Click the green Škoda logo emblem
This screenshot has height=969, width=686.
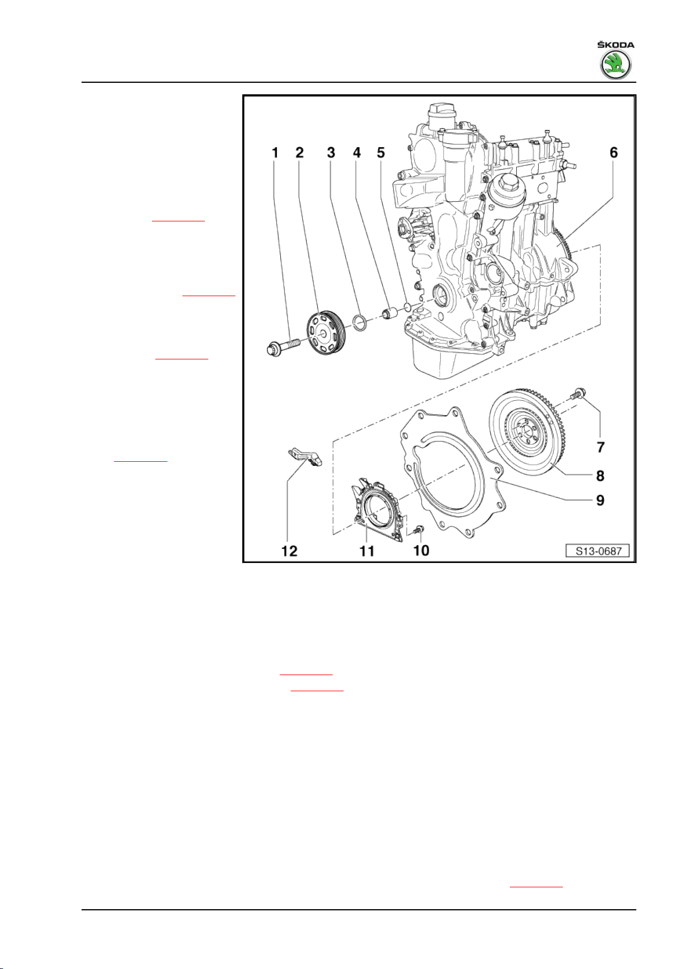click(x=615, y=65)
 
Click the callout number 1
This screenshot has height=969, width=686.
click(x=275, y=153)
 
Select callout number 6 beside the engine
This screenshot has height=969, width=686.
click(x=613, y=152)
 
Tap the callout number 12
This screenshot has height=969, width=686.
click(x=289, y=551)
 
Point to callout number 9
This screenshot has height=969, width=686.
click(x=600, y=500)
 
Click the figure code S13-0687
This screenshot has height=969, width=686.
click(x=597, y=551)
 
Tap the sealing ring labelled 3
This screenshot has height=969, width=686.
click(x=360, y=322)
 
